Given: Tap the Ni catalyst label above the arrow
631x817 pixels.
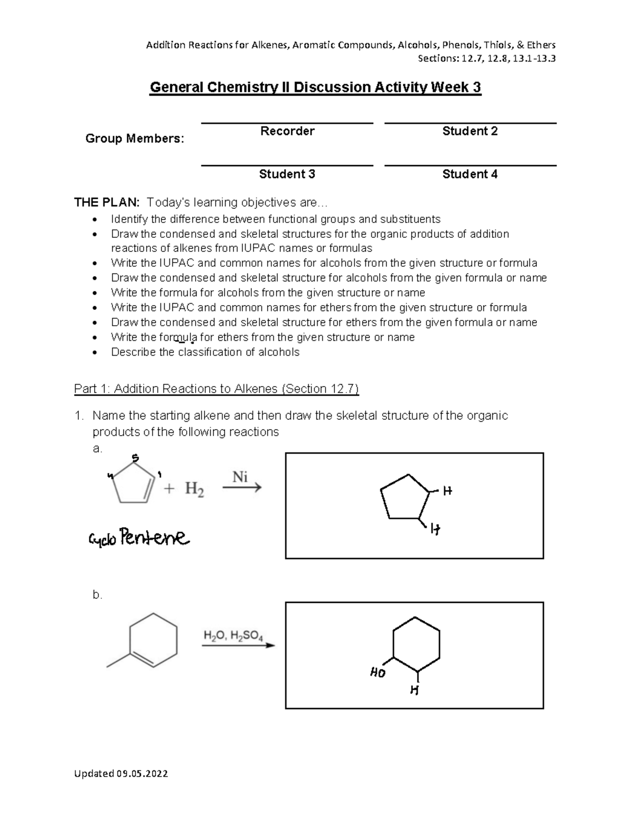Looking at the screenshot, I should pyautogui.click(x=240, y=477).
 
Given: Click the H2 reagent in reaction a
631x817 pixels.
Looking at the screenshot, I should pyautogui.click(x=194, y=490).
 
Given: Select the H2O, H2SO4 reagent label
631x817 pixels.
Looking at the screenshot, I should pyautogui.click(x=233, y=636).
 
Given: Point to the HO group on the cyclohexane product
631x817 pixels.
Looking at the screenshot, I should pyautogui.click(x=378, y=673).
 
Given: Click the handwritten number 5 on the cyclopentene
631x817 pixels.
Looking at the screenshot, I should pyautogui.click(x=135, y=457).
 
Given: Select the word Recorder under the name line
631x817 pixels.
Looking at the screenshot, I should pyautogui.click(x=287, y=131).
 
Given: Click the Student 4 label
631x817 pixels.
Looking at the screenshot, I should pyautogui.click(x=470, y=174).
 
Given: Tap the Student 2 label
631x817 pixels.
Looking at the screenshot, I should pyautogui.click(x=470, y=131).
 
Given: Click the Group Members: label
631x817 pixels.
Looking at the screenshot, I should pyautogui.click(x=135, y=139).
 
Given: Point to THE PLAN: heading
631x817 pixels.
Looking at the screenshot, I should pyautogui.click(x=107, y=203).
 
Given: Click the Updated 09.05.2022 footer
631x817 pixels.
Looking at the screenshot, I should pyautogui.click(x=121, y=773).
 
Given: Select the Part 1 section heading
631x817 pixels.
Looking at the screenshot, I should pyautogui.click(x=216, y=389).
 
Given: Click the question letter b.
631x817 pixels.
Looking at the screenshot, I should pyautogui.click(x=97, y=595).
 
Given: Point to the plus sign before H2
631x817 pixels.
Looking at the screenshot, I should pyautogui.click(x=169, y=489).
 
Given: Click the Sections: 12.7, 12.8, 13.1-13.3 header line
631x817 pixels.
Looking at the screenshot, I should pyautogui.click(x=486, y=58).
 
